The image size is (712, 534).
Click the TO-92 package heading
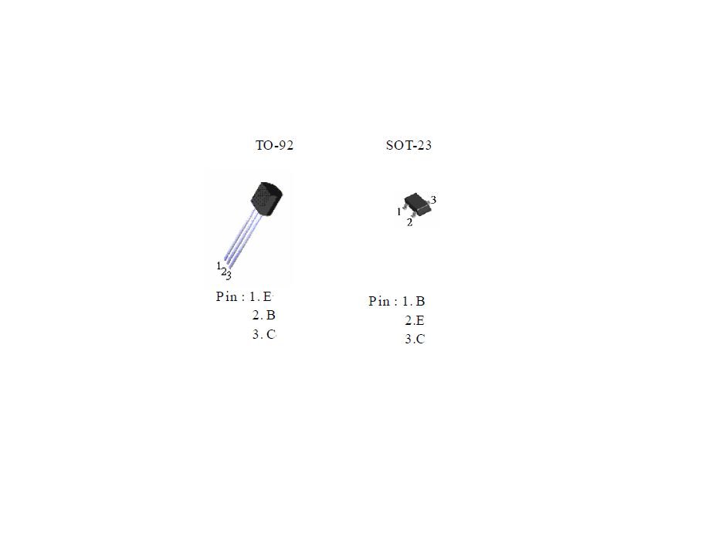[x=274, y=145]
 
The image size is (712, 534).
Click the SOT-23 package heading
[x=409, y=145]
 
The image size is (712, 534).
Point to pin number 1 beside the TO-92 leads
[x=219, y=265]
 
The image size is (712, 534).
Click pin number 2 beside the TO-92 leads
[x=223, y=271]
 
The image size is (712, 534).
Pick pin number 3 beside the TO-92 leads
[x=229, y=275]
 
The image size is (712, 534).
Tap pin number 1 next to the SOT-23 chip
[x=398, y=211]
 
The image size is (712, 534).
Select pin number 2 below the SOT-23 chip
[x=409, y=223]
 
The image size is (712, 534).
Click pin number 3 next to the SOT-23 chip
[x=434, y=200]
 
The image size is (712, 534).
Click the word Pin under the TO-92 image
[x=226, y=296]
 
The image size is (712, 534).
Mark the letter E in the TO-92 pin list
[x=268, y=296]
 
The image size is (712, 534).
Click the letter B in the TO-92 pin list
[x=270, y=315]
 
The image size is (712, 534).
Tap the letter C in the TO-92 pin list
[x=270, y=334]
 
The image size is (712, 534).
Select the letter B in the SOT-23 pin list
[x=420, y=301]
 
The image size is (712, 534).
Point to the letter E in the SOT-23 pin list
[x=420, y=320]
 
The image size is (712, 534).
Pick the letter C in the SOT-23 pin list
[x=420, y=339]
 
